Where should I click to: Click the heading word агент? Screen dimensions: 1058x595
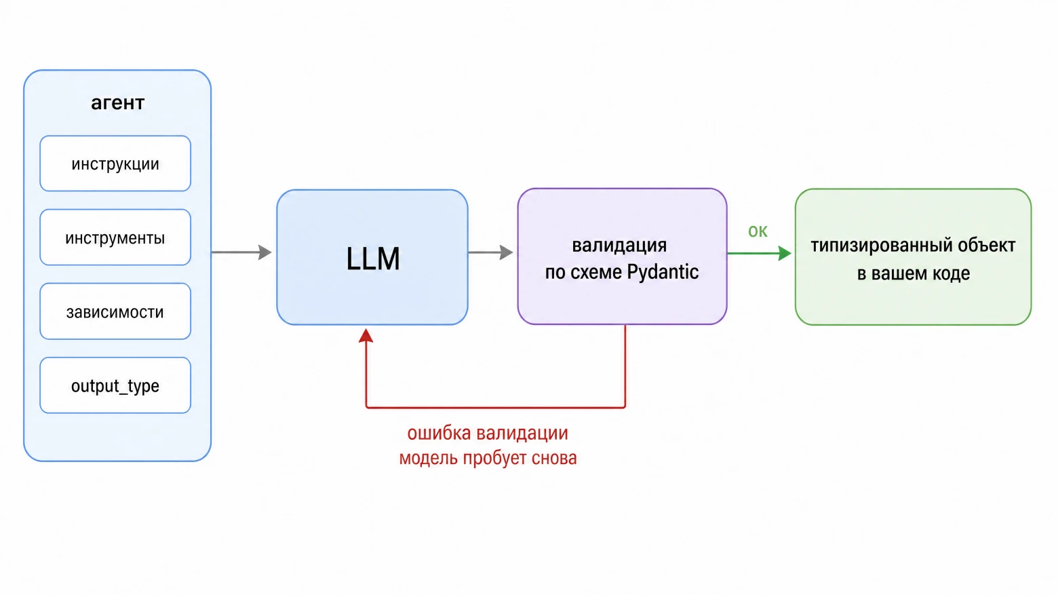click(x=117, y=103)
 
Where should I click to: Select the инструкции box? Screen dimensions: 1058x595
click(x=115, y=164)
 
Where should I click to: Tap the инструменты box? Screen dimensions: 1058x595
click(x=115, y=237)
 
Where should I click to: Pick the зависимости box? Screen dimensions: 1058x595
click(x=115, y=311)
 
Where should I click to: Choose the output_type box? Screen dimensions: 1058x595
click(x=115, y=385)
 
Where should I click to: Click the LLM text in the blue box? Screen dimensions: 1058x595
click(x=373, y=258)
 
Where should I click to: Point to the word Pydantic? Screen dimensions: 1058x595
click(x=663, y=272)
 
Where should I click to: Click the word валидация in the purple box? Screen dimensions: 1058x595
click(x=619, y=246)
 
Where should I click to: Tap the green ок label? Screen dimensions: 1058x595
click(x=758, y=231)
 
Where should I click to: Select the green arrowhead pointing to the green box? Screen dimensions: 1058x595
click(x=785, y=253)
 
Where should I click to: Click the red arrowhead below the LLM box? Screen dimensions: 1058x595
click(x=366, y=336)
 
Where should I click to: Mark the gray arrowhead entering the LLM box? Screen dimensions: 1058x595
click(x=265, y=252)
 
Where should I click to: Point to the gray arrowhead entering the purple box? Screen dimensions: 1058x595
click(x=507, y=252)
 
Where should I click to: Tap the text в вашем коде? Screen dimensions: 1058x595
click(x=914, y=273)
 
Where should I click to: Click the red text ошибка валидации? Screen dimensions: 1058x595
click(x=488, y=433)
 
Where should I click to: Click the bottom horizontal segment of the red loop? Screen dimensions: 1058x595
click(x=496, y=407)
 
